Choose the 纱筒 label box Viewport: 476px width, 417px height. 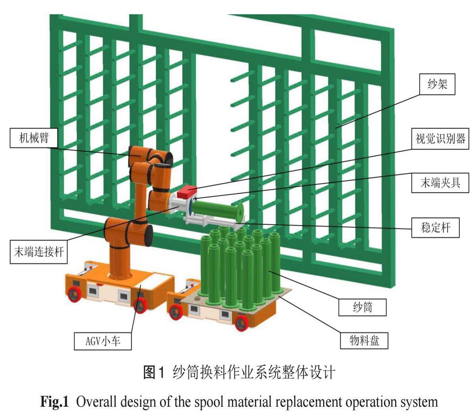[x=363, y=306]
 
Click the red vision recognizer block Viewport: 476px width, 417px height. [x=185, y=193]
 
